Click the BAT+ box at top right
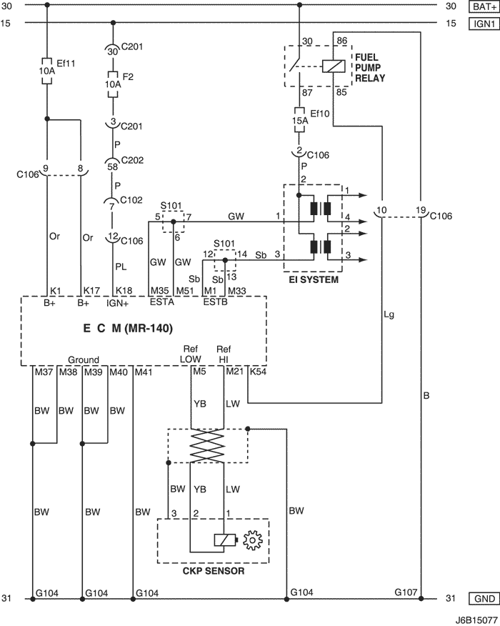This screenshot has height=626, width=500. click(x=484, y=6)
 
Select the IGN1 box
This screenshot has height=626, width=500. click(x=484, y=24)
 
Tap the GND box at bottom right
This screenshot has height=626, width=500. click(x=484, y=598)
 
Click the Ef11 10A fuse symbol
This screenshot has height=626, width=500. click(x=47, y=71)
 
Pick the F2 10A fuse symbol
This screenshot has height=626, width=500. click(x=113, y=84)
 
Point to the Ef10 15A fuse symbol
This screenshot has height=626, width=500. click(x=300, y=120)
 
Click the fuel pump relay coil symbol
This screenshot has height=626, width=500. click(x=334, y=66)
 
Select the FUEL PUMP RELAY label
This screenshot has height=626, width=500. click(x=370, y=67)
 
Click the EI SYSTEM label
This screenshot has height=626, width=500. click(x=314, y=279)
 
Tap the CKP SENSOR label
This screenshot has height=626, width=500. click(x=214, y=571)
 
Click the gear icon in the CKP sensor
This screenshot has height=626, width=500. click(x=253, y=540)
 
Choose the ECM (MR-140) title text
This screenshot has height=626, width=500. click(x=128, y=328)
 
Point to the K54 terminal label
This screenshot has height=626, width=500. click(x=258, y=372)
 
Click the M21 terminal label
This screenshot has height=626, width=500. click(x=234, y=372)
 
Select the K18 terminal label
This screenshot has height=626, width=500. click(x=124, y=291)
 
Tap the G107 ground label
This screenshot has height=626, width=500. click(x=406, y=592)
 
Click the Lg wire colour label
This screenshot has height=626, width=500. click(x=389, y=315)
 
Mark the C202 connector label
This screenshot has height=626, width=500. click(x=132, y=160)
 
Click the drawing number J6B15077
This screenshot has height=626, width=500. click(x=476, y=620)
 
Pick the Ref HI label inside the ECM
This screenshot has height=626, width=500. click(x=224, y=354)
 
